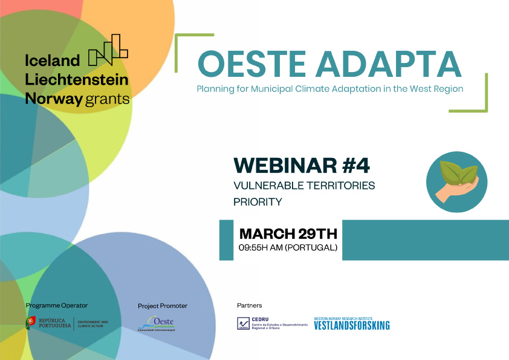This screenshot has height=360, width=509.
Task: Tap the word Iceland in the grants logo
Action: pos(53,60)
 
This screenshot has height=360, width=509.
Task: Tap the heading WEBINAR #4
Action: pos(301,165)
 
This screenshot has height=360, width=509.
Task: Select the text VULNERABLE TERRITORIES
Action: pos(304,185)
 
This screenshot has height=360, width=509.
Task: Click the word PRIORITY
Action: pos(258,202)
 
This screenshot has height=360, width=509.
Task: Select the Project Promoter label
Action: pos(163,306)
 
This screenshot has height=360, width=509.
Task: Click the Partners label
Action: pos(249,306)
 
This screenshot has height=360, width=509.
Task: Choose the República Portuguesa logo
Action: pos(66,324)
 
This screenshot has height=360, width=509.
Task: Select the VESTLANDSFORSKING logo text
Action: pos(352,326)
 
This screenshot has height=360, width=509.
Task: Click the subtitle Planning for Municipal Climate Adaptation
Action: pos(329,89)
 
